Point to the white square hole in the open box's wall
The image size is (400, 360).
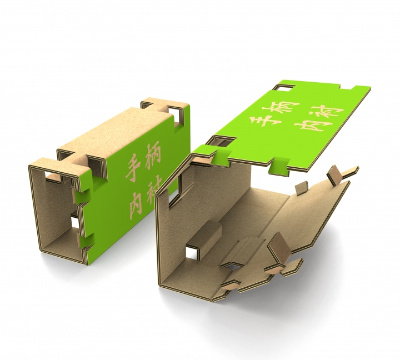tap(192, 251)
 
